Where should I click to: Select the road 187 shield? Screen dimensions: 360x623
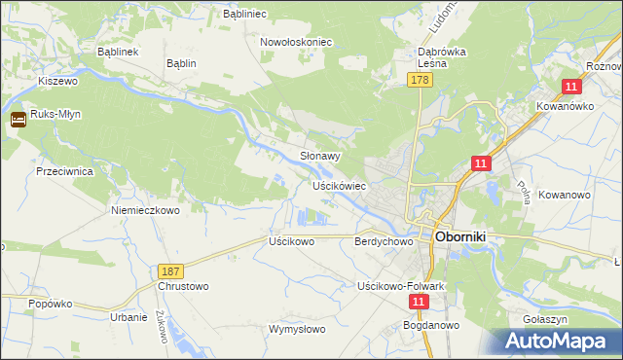(x=171, y=269)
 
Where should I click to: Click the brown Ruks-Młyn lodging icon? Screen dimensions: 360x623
(x=18, y=121)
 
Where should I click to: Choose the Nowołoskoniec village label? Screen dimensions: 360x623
(x=296, y=42)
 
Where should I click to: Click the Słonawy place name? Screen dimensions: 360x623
(x=319, y=156)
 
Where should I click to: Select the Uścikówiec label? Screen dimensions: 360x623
(x=338, y=185)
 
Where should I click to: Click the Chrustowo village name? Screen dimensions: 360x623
(x=183, y=287)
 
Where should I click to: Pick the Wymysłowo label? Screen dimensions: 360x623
(x=297, y=329)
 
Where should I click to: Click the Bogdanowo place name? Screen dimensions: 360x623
(x=434, y=326)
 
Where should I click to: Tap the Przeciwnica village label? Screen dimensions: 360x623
(x=63, y=169)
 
